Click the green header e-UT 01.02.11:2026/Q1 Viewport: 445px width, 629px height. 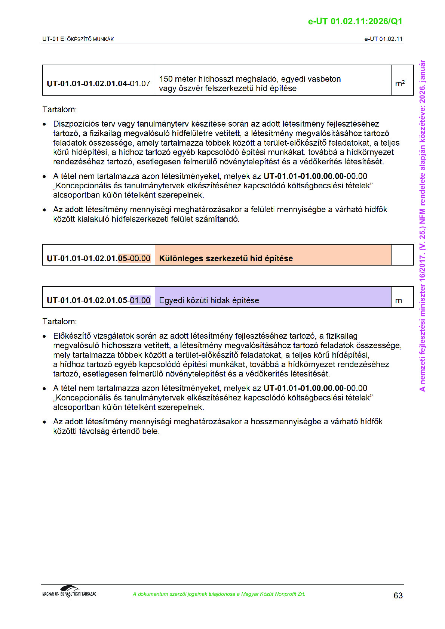coord(355,21)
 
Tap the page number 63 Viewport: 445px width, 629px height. coord(398,595)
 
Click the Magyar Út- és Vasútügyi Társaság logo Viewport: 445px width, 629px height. coord(69,592)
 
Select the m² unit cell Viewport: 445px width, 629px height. coord(400,83)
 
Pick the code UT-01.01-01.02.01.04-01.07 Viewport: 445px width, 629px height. coord(98,83)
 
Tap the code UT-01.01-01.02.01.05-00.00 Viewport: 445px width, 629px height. coord(98,258)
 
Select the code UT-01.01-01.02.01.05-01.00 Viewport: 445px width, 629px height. coord(98,300)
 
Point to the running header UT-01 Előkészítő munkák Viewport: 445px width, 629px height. coord(78,39)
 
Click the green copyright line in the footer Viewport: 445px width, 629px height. coord(219,594)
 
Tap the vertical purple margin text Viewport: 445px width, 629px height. coord(422,226)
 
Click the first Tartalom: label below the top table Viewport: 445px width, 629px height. coord(59,109)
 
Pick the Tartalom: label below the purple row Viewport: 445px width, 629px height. coord(59,322)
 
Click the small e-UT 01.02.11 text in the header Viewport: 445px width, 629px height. coord(383,39)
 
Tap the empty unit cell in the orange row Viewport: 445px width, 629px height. coord(402,255)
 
